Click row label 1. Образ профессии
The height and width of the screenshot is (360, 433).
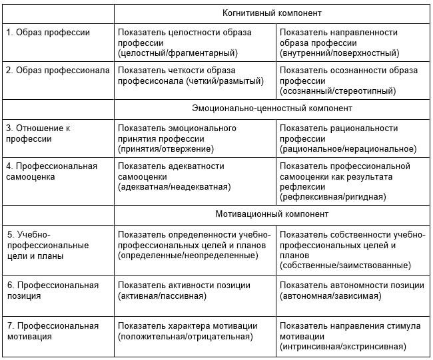pyautogui.click(x=48, y=32)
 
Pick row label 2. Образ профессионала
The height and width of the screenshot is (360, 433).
pyautogui.click(x=58, y=71)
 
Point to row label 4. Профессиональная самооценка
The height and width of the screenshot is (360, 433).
pyautogui.click(x=51, y=171)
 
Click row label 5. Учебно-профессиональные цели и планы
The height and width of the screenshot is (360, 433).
pyautogui.click(x=47, y=245)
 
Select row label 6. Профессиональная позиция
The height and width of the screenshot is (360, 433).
pyautogui.click(x=52, y=290)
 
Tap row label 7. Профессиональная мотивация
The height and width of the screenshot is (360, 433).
pyautogui.click(x=52, y=331)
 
